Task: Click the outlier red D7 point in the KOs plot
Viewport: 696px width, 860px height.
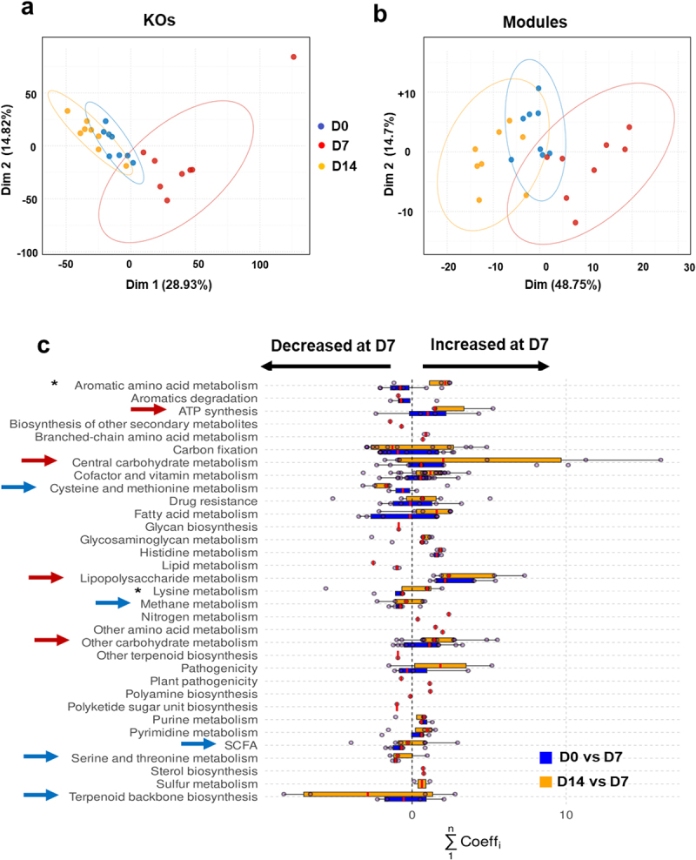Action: click(x=293, y=57)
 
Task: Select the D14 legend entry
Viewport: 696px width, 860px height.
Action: click(x=338, y=166)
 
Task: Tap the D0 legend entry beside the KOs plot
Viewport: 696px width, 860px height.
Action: click(x=333, y=126)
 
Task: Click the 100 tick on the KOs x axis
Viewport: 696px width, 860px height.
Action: click(x=260, y=265)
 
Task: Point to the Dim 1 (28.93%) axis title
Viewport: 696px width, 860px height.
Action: click(x=169, y=285)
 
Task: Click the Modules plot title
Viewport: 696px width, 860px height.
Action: click(x=535, y=22)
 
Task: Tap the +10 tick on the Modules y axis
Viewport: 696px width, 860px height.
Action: click(x=406, y=94)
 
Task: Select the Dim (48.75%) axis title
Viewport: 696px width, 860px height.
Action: click(x=563, y=285)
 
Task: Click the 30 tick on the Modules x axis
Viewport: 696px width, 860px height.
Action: click(x=689, y=267)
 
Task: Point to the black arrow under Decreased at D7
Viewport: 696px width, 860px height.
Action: click(x=325, y=366)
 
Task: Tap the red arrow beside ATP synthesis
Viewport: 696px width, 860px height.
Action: click(x=149, y=409)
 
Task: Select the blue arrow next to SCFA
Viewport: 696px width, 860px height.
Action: click(x=199, y=743)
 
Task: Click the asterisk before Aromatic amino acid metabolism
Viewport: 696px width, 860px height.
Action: click(x=54, y=383)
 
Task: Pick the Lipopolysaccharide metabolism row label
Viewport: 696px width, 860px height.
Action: click(x=169, y=579)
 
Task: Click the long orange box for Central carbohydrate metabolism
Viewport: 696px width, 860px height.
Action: click(x=479, y=460)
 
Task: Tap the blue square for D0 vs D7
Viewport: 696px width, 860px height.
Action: click(x=545, y=757)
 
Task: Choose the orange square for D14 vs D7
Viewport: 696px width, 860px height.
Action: click(x=545, y=782)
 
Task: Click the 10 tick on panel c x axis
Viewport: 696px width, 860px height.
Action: click(x=566, y=816)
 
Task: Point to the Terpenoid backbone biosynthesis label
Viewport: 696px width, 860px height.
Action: click(x=164, y=797)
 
